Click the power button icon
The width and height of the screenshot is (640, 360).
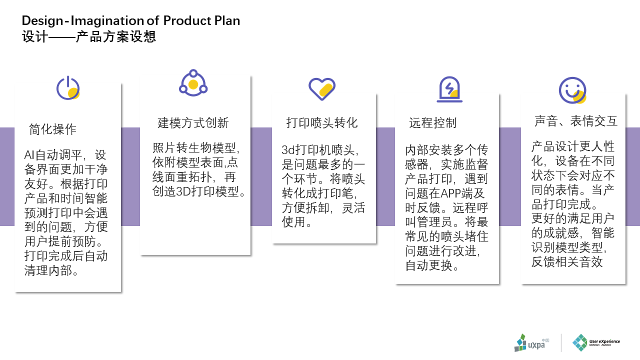[68, 88]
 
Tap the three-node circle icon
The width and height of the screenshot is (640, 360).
[193, 83]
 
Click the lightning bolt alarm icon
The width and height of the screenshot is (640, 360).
[449, 89]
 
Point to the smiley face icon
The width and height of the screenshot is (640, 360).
[572, 90]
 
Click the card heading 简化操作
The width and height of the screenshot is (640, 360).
[52, 129]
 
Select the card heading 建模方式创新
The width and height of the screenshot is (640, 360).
[193, 123]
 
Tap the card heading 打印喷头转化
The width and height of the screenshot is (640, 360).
[322, 123]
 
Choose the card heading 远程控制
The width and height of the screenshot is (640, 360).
[433, 123]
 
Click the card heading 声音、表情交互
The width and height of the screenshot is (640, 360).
[576, 121]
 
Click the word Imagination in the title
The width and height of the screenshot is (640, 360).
[107, 21]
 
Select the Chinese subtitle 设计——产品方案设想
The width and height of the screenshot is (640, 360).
[89, 36]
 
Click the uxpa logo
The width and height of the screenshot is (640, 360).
[531, 342]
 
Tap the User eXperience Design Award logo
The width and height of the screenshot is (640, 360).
[596, 342]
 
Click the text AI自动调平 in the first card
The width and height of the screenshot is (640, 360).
[53, 155]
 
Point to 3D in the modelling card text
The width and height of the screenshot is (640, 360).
[183, 191]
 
